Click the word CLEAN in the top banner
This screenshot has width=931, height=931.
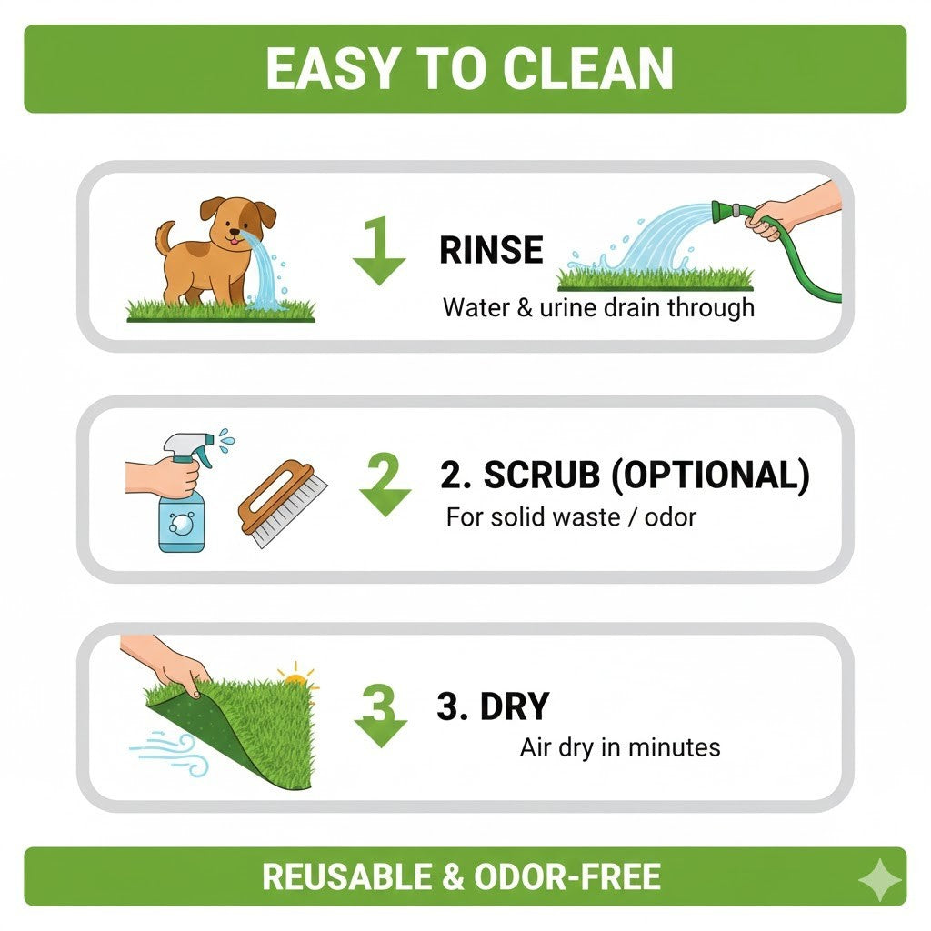pyautogui.click(x=588, y=68)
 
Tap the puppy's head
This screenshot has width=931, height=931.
pyautogui.click(x=237, y=221)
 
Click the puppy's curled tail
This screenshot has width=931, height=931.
pyautogui.click(x=165, y=236)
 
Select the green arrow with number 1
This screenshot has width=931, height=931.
pyautogui.click(x=379, y=251)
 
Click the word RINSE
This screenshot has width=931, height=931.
pyautogui.click(x=491, y=250)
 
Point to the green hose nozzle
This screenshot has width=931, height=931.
pyautogui.click(x=726, y=211)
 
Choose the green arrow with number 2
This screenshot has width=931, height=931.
pyautogui.click(x=385, y=484)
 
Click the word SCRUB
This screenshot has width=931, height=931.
pyautogui.click(x=542, y=475)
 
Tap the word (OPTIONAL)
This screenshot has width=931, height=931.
pyautogui.click(x=710, y=476)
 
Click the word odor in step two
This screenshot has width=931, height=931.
pyautogui.click(x=670, y=517)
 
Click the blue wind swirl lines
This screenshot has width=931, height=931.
pyautogui.click(x=169, y=752)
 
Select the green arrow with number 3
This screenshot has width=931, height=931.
pyautogui.click(x=381, y=716)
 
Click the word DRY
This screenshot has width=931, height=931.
pyautogui.click(x=515, y=706)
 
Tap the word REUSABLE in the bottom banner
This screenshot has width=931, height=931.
pyautogui.click(x=346, y=877)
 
